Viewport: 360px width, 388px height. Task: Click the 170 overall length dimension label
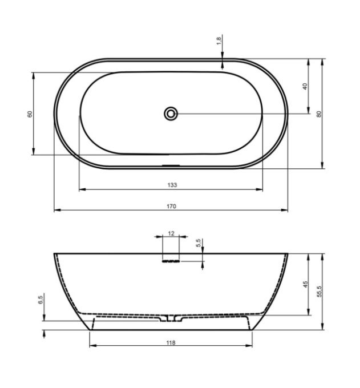[171, 206]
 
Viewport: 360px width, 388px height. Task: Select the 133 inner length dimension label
[172, 185]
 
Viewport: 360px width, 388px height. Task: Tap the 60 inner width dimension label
[30, 114]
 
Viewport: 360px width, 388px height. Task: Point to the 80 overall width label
[319, 114]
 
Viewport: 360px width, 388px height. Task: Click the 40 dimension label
[305, 86]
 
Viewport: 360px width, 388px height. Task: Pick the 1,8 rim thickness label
[219, 41]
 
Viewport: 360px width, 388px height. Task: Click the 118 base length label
[171, 342]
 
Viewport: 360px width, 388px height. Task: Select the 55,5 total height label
[319, 292]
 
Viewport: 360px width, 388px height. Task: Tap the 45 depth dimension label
[306, 284]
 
